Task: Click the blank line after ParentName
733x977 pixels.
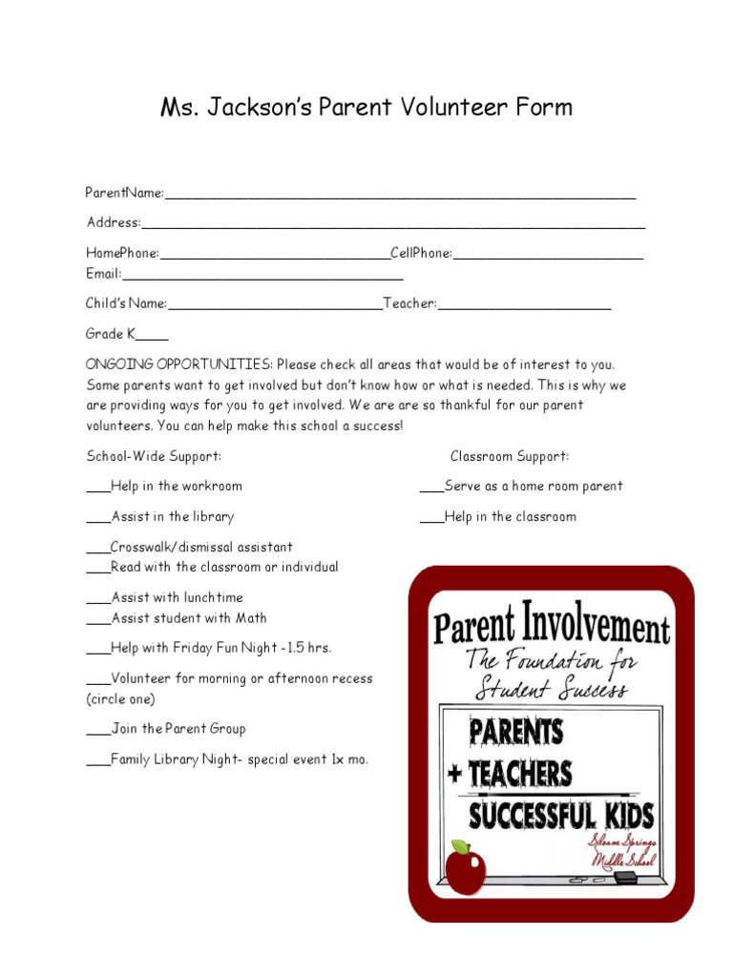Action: tap(400, 196)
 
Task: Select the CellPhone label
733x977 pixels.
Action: tap(421, 253)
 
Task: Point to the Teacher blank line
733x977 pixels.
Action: tap(524, 307)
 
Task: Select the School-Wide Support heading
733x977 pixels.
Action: tap(154, 456)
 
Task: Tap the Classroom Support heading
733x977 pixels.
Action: tap(510, 456)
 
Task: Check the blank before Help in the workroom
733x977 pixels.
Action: tap(98, 488)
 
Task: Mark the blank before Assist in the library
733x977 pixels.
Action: tap(98, 519)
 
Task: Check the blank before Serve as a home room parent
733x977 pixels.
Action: tap(431, 488)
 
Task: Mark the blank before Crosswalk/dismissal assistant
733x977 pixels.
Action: tap(98, 550)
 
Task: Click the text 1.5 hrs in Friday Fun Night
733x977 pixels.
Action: tap(310, 648)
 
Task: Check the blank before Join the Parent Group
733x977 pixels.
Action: tap(98, 731)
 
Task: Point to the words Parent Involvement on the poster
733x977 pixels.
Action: tap(552, 627)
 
